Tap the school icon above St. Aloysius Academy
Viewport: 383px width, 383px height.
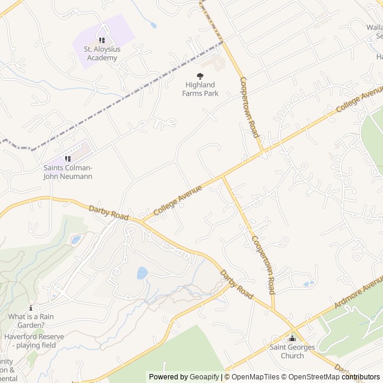coord(102,40)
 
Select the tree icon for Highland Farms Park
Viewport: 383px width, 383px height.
coord(200,76)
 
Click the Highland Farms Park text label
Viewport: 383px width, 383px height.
coord(200,89)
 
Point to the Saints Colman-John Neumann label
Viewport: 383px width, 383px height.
coord(68,172)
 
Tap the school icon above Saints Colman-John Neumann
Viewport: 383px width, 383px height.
coord(68,159)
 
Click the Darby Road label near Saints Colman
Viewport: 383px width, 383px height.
coord(108,214)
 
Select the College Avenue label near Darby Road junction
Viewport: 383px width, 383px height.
coord(178,200)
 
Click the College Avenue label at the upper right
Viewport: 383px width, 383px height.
coord(360,99)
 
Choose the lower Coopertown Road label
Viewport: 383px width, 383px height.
coord(263,264)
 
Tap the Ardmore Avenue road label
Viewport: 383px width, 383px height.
coord(358,293)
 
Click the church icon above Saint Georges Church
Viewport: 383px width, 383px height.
coord(292,338)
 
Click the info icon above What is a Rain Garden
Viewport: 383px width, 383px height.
coord(31,307)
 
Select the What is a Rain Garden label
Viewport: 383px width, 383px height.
coord(35,321)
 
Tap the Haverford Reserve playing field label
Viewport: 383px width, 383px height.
coord(34,341)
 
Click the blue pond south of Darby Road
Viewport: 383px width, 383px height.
coord(142,273)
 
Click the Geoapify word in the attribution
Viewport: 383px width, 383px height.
coord(203,377)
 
